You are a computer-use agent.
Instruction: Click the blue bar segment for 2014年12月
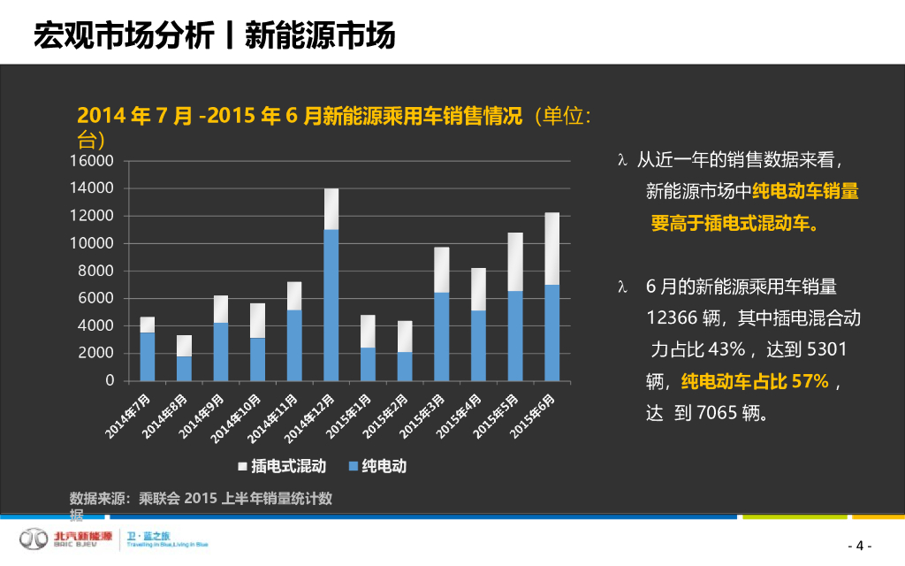[x=331, y=305]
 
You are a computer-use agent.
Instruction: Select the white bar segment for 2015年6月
[x=551, y=249]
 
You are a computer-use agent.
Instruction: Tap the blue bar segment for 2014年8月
[x=184, y=368]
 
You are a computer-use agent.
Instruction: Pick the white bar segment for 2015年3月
[x=441, y=270]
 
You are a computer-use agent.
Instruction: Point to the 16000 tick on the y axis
[x=98, y=161]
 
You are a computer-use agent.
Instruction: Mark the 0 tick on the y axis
[x=110, y=380]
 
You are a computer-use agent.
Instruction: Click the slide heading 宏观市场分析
[x=123, y=35]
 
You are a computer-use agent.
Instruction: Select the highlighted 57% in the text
[x=810, y=381]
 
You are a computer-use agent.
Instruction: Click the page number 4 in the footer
[x=859, y=545]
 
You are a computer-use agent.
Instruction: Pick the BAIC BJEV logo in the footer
[x=66, y=539]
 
